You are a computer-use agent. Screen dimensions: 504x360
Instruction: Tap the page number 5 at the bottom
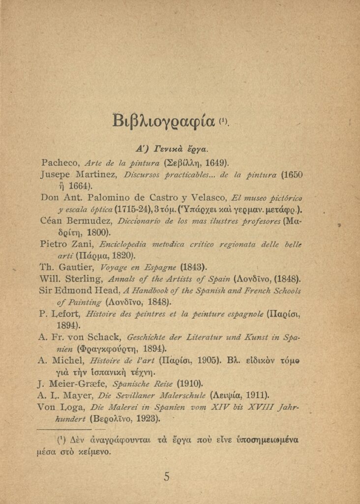coord(167,476)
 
